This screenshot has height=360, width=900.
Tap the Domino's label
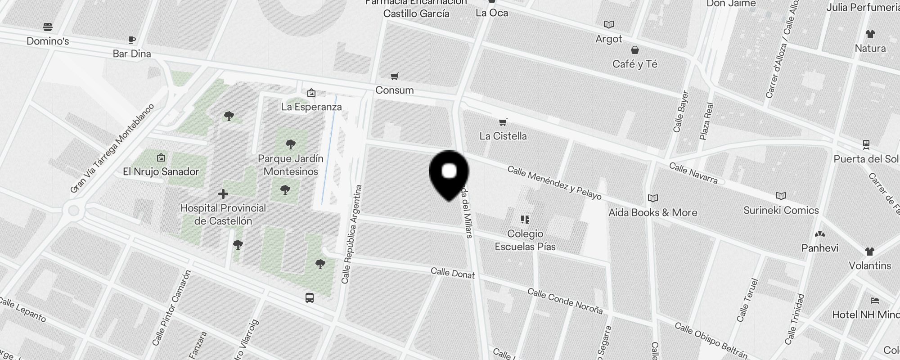click(48, 41)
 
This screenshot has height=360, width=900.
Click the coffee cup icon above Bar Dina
click(132, 40)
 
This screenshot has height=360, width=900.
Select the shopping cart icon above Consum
click(395, 76)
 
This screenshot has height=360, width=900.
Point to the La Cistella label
click(503, 136)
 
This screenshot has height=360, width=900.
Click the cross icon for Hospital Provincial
click(223, 194)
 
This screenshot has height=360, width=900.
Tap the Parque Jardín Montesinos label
click(291, 165)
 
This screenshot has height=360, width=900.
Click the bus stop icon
click(310, 298)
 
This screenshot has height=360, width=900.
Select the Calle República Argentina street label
click(352, 234)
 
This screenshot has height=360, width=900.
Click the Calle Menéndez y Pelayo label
click(554, 182)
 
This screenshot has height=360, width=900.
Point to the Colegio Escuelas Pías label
click(525, 240)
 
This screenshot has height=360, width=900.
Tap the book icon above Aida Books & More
click(652, 198)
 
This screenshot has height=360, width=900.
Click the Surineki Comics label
click(781, 210)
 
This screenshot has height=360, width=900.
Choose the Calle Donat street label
click(452, 273)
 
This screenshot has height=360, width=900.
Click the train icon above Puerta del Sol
click(866, 145)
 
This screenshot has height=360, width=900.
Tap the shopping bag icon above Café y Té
click(634, 50)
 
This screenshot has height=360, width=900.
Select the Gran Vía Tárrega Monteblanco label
click(112, 148)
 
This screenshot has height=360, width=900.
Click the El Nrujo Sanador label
click(161, 171)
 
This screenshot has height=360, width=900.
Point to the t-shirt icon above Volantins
click(869, 252)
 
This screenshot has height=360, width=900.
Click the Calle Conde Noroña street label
click(565, 301)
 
